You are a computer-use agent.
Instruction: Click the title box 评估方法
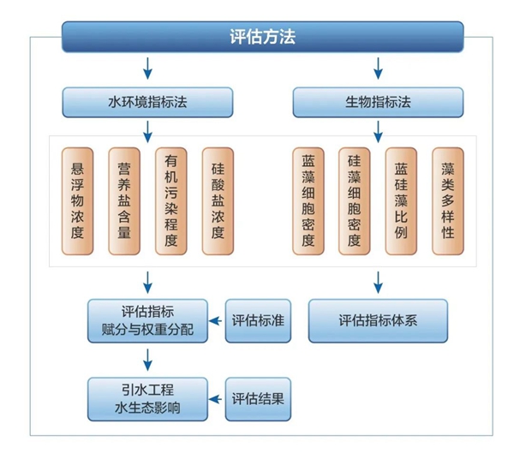[x=263, y=37]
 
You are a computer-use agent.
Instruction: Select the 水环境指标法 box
[x=148, y=102]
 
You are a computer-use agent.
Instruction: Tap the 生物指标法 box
[x=378, y=102]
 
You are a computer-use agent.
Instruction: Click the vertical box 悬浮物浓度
[x=78, y=201]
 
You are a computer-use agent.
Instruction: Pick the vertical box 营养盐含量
[x=124, y=201]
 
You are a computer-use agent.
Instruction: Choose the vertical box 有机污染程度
[x=170, y=201]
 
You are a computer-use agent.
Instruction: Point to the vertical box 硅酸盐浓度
[x=218, y=201]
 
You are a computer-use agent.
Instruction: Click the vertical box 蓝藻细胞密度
[x=308, y=201]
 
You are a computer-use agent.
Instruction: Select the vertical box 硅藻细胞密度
[x=355, y=201]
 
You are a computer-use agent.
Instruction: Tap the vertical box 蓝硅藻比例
[x=401, y=201]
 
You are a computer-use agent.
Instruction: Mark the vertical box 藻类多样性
[x=447, y=201]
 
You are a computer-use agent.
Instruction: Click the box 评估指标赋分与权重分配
[x=148, y=320]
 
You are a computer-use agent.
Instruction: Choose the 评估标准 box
[x=258, y=320]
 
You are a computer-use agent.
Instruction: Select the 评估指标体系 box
[x=378, y=320]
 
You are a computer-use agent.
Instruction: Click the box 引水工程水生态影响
[x=148, y=398]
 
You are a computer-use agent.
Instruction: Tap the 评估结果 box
[x=258, y=398]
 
